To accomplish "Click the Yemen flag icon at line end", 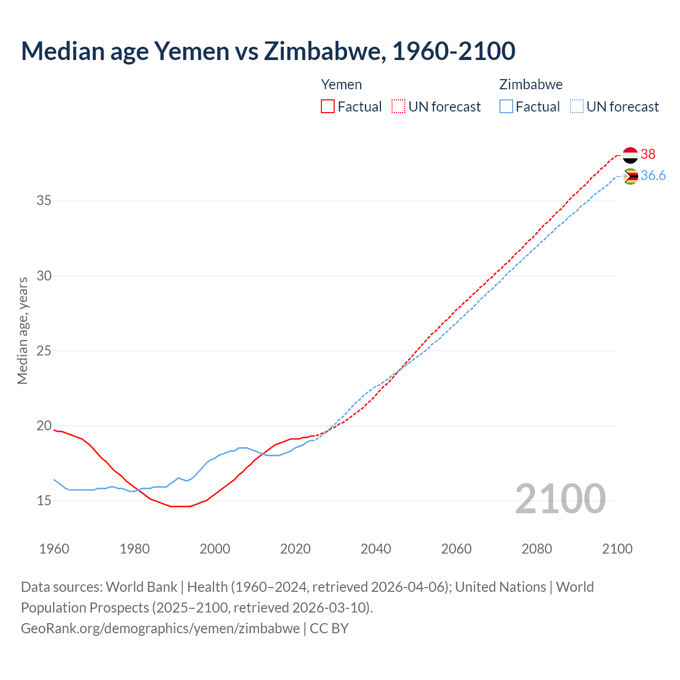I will tap(630, 155).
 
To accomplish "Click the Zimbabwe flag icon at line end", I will tap(630, 176).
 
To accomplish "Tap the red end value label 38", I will tap(648, 154).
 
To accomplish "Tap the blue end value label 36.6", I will tap(653, 176).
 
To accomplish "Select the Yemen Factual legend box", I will tap(328, 106).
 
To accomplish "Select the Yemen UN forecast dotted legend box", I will tap(398, 106).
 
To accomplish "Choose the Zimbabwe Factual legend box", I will tap(506, 106).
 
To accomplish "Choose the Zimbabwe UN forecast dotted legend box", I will tap(576, 106).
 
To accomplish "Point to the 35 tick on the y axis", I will tap(44, 201).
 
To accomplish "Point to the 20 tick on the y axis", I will tap(44, 426).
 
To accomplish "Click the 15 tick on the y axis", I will tap(44, 500).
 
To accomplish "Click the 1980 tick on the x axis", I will tap(134, 549).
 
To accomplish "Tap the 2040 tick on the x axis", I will tap(376, 549).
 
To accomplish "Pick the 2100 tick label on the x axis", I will tap(617, 549).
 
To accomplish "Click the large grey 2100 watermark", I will tap(560, 498).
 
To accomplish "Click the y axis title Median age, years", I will tap(22, 330).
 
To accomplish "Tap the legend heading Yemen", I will tap(342, 84).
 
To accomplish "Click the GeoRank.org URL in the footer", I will tap(160, 628).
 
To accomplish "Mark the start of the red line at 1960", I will tap(54, 430).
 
